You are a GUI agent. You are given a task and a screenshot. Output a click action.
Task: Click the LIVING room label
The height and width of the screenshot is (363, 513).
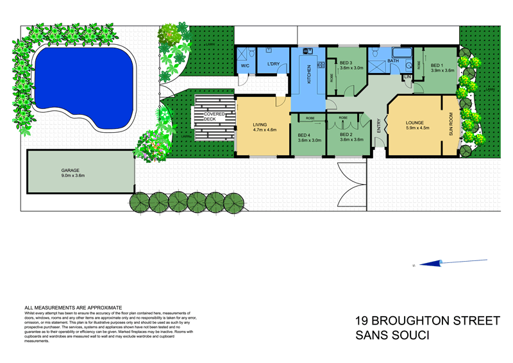(260, 125)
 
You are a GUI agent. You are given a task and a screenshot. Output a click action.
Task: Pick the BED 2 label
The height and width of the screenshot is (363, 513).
(347, 135)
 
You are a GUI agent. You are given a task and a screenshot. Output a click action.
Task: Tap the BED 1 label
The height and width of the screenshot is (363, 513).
(437, 65)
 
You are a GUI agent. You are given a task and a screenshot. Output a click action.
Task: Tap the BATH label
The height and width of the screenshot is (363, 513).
(393, 61)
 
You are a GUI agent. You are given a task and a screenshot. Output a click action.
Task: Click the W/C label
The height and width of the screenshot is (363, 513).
(245, 65)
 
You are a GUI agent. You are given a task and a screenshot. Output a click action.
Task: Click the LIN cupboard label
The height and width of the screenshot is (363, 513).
(407, 77)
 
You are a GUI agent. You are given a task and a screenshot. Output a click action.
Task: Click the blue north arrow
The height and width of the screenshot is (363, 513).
(437, 262)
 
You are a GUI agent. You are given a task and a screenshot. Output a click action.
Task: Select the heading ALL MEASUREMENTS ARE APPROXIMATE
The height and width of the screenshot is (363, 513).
(69, 308)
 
